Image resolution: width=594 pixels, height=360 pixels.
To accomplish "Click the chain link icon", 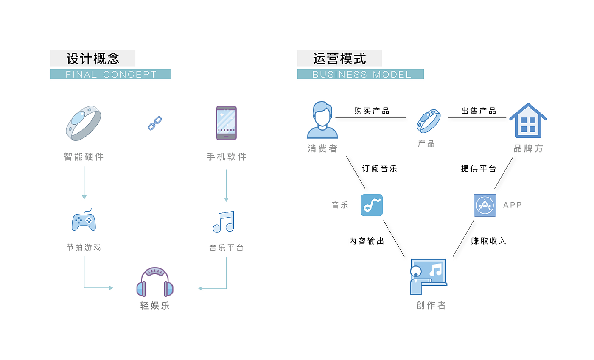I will coord(155,123).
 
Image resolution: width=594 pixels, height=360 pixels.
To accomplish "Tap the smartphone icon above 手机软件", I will coord(226,123).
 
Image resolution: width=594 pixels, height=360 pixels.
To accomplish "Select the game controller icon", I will coord(84,220).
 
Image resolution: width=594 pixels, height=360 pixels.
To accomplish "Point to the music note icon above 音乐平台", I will coord(224,221).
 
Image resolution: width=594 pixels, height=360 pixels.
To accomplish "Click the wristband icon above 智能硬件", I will coord(84,123).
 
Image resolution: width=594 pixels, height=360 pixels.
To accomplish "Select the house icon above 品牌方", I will coord(528,120).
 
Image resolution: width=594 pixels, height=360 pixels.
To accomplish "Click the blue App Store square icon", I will coord(485,205).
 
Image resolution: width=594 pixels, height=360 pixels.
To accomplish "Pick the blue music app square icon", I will coord(372,205).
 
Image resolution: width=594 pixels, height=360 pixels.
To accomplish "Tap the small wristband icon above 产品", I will coord(428,121).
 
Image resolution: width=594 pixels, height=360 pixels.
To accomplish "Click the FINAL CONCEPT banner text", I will coord(111,75).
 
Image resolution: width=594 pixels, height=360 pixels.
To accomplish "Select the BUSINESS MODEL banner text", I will coord(361,75).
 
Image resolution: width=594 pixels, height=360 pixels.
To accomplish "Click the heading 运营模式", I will coord(339,59).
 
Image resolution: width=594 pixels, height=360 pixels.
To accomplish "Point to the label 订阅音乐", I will coord(379,169).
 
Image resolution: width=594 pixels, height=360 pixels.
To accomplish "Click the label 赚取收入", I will coord(489,241).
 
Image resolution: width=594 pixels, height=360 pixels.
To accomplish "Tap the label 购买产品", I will coord(372,111).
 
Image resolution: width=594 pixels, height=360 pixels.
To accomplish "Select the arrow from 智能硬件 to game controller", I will coord(84,183).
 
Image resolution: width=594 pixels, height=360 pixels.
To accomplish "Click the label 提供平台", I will coord(479,169).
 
